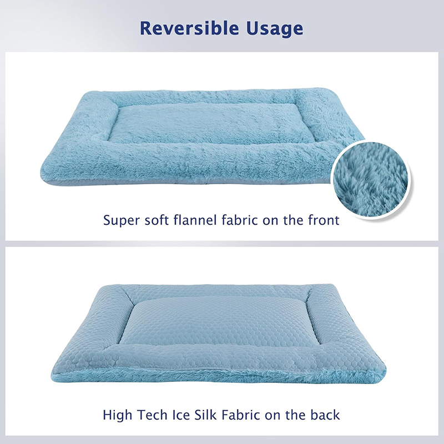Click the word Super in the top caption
click(x=122, y=220)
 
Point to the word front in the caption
click(x=321, y=220)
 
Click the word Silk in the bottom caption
click(x=205, y=414)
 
